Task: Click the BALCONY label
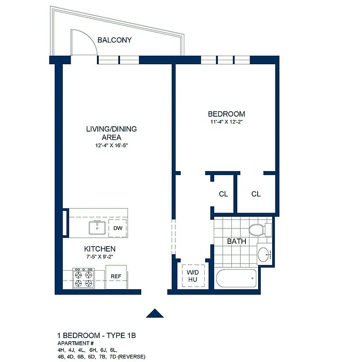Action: point(114,40)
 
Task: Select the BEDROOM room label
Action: point(226,114)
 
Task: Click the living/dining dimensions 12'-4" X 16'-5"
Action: point(111,146)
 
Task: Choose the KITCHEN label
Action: point(100,249)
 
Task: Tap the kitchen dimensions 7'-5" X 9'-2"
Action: point(100,257)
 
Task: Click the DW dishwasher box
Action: point(118,228)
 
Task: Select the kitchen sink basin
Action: point(97,228)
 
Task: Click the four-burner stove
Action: point(84,278)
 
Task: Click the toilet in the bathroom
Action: point(258,230)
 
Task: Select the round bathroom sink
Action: point(263,254)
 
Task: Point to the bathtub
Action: point(236,278)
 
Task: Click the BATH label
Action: point(236,241)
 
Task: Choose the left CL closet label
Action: point(223,194)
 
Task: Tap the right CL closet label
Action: point(256,194)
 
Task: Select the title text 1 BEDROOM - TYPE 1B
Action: point(96,336)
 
